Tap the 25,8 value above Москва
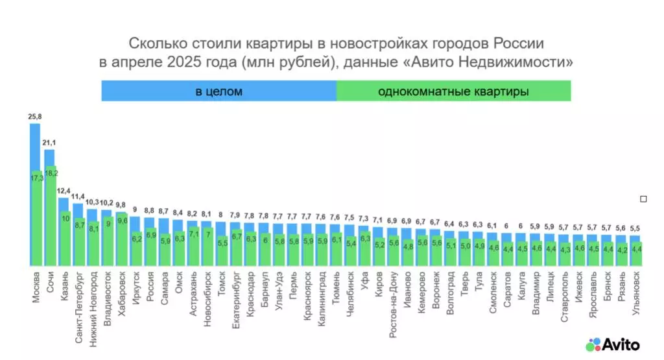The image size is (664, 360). point(35,117)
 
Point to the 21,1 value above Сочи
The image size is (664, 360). point(49,143)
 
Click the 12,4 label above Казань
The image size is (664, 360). point(64,191)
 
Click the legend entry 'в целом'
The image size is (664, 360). point(219,91)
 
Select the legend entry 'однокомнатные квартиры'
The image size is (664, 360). point(453,91)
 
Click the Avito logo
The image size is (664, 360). point(613,344)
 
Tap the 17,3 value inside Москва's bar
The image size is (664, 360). point(36,177)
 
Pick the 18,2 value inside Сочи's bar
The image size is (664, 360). point(51,174)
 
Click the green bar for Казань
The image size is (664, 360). point(64,240)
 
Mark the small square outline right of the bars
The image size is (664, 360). point(643,199)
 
